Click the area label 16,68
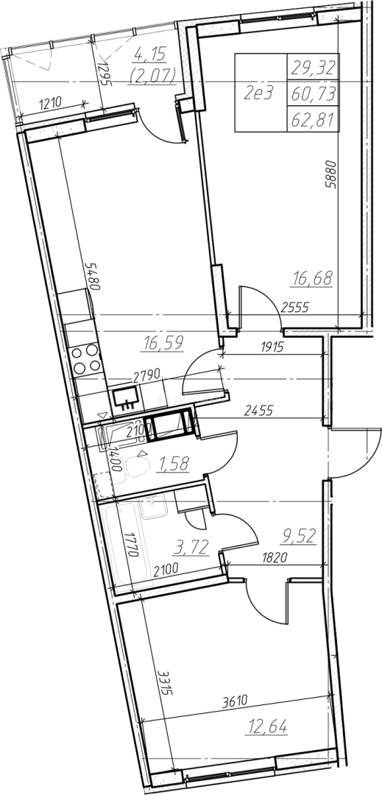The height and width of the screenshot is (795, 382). [313, 278]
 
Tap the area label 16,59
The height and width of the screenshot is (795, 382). [163, 343]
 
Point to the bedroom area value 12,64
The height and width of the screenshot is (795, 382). [267, 727]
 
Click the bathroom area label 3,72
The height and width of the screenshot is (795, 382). [191, 547]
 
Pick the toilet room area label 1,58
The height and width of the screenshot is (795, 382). [173, 462]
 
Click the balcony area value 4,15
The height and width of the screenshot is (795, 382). [152, 52]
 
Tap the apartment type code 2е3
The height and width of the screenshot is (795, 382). [258, 93]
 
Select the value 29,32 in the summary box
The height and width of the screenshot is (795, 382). [313, 66]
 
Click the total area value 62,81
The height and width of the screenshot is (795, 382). [313, 120]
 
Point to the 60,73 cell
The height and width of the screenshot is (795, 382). [313, 93]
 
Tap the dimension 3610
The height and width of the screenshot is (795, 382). [235, 702]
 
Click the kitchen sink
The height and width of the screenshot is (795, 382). [126, 397]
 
